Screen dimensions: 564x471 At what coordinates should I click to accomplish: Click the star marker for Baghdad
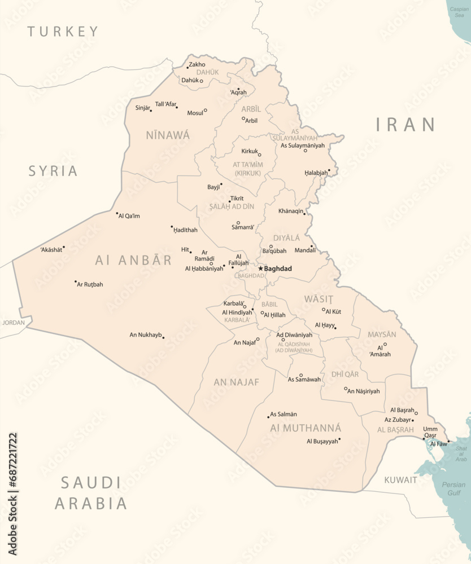260,268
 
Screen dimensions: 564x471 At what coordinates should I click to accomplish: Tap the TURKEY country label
63,32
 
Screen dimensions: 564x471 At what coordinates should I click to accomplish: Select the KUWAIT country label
400,480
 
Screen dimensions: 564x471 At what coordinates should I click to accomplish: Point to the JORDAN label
14,323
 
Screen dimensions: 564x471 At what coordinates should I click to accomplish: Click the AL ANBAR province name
133,260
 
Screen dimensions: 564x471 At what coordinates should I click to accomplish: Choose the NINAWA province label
168,135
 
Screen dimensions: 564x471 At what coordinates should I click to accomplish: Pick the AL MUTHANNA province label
306,428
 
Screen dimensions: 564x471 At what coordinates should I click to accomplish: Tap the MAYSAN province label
382,334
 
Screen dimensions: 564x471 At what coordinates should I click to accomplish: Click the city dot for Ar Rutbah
76,281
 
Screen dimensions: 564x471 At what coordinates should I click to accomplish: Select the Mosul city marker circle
205,111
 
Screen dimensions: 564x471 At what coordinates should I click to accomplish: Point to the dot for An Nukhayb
163,337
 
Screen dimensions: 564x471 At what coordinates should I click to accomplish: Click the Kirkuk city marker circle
260,155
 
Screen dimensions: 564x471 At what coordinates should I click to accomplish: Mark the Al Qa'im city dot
117,214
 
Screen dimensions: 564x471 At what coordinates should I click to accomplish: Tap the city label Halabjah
316,173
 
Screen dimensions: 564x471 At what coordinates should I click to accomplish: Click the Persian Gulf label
453,488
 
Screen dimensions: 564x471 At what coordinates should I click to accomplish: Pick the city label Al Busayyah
322,441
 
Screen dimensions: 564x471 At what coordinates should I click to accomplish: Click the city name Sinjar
143,108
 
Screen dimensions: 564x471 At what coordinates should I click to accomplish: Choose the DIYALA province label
287,238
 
